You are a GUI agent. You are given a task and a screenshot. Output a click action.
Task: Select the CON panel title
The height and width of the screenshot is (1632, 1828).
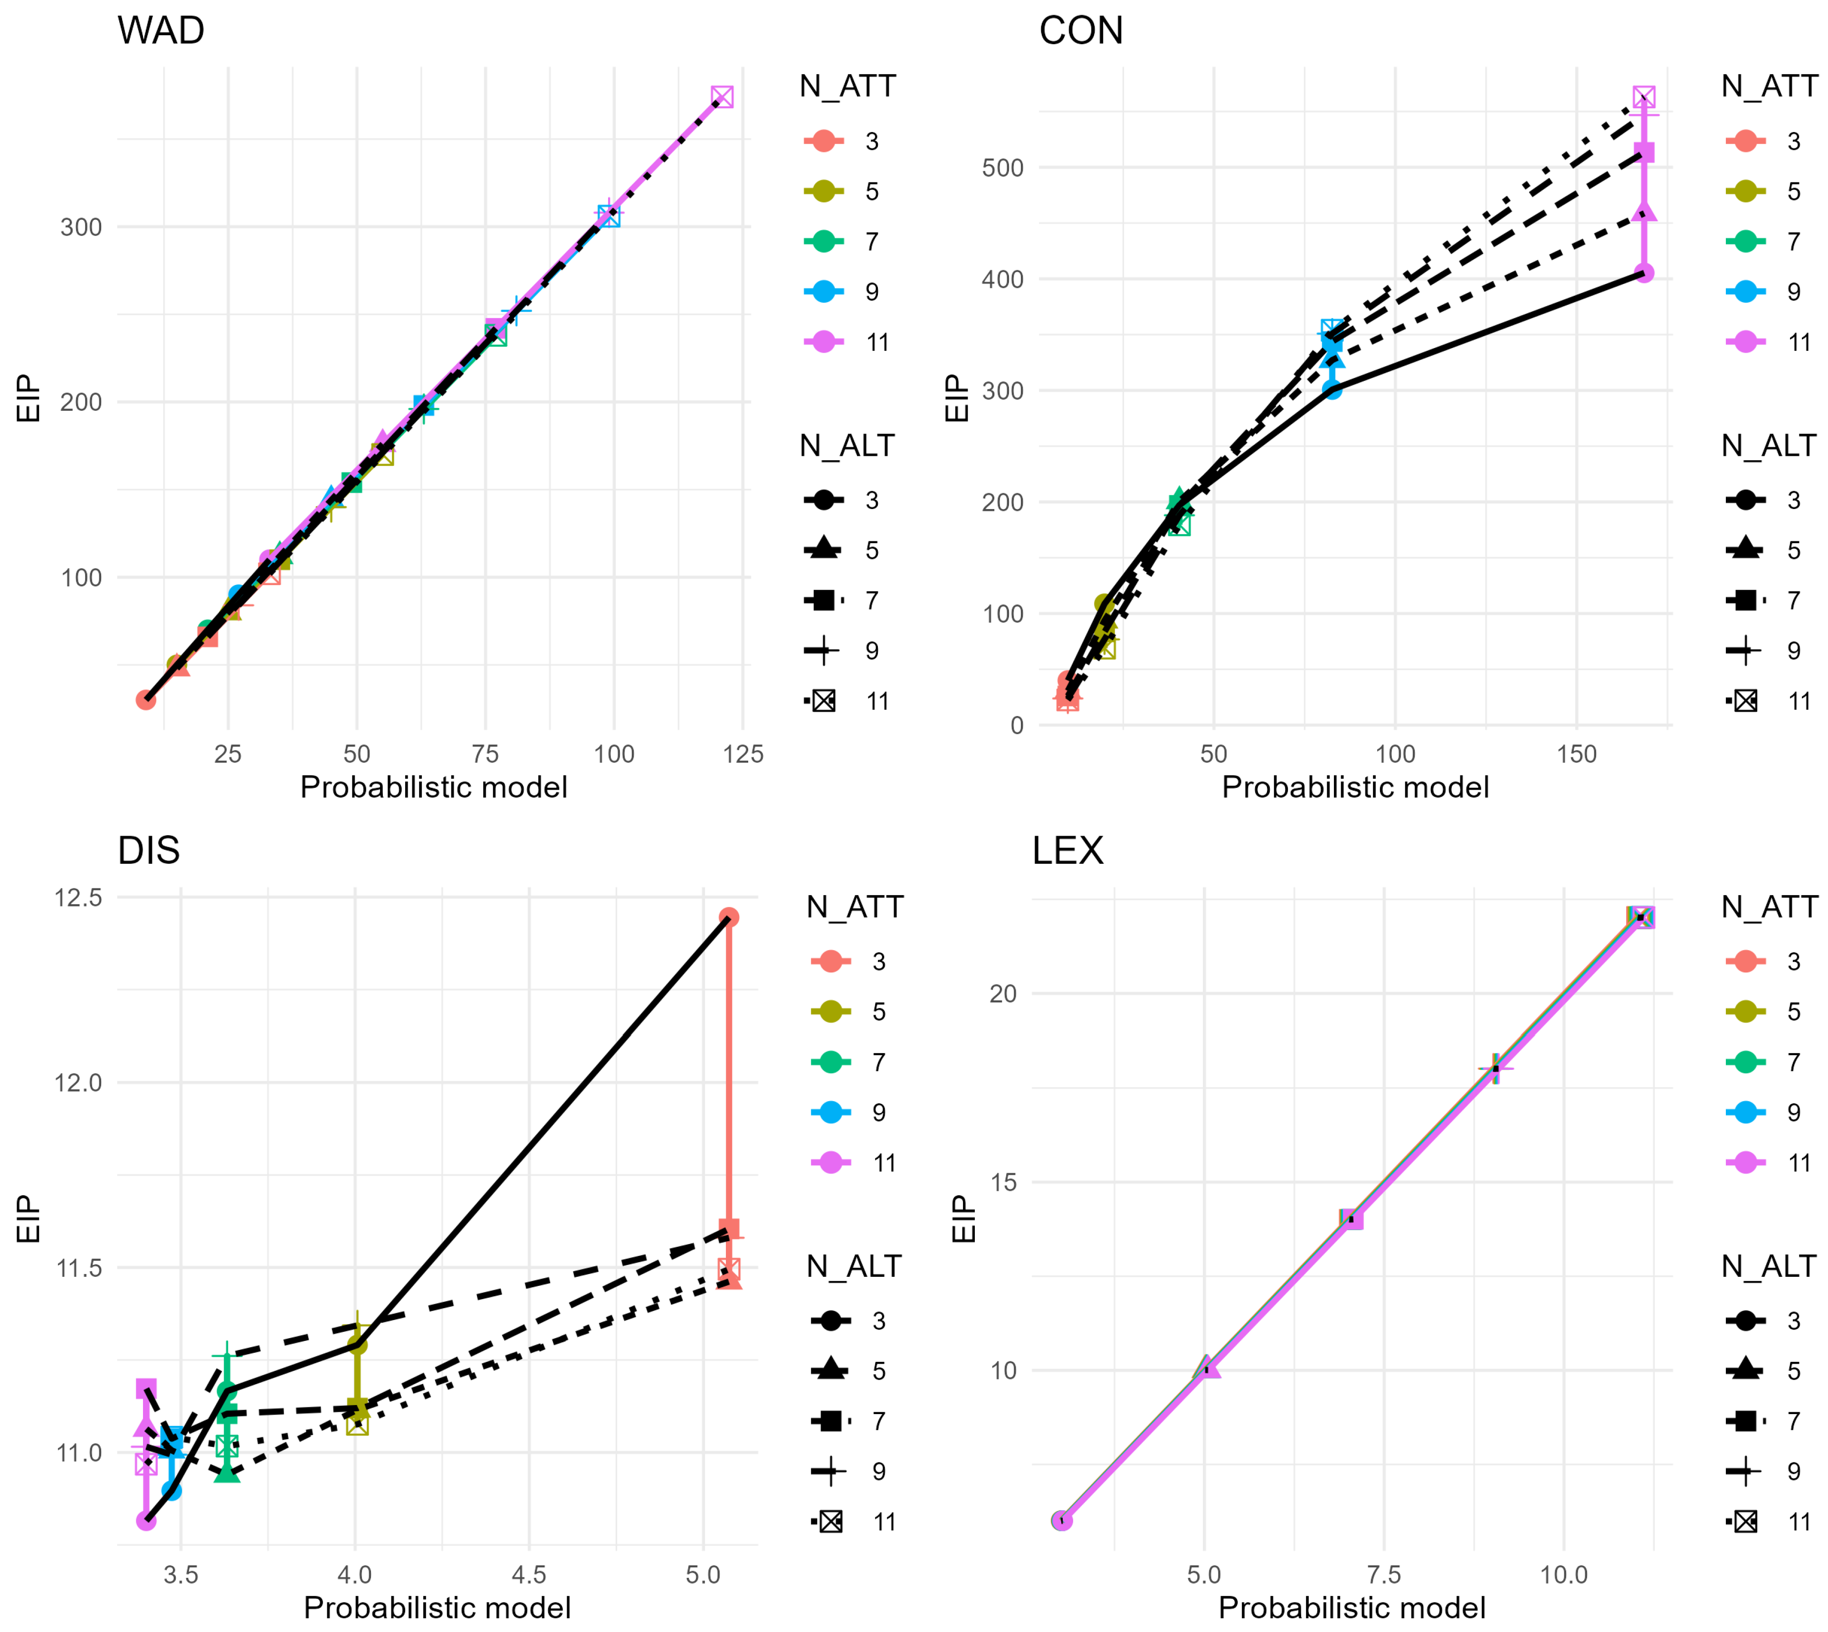click(1081, 30)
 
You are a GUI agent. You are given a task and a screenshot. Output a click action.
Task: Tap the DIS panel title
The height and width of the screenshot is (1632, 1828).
click(149, 850)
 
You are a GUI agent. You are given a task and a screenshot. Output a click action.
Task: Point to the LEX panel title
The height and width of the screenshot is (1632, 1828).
click(1067, 850)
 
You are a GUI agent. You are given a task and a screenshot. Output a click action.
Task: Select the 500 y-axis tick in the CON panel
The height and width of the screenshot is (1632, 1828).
click(1003, 168)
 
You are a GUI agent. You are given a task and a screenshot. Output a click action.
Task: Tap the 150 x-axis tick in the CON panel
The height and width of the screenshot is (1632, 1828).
click(1576, 754)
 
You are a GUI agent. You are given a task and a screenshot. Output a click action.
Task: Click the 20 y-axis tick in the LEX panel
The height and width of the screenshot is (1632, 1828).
click(1004, 993)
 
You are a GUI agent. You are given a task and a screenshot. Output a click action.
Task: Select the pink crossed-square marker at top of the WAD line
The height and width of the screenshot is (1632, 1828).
click(722, 97)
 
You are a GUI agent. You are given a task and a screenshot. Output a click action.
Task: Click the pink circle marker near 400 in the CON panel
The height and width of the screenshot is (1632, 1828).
click(1644, 273)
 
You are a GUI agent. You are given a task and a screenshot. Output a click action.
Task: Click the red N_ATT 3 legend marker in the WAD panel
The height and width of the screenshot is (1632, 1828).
click(824, 141)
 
